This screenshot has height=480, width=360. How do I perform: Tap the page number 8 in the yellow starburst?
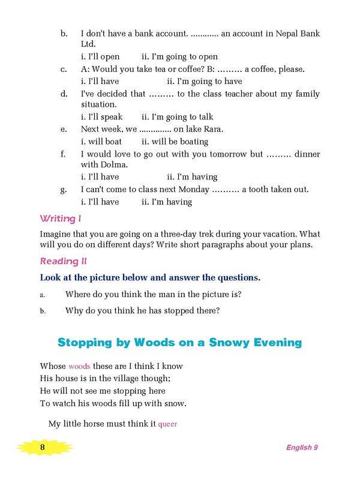click(x=43, y=448)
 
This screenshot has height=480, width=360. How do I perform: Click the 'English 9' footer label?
click(x=302, y=448)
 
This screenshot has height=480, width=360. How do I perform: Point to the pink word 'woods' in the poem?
click(x=79, y=366)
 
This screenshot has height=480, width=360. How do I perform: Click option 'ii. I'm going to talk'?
click(x=177, y=117)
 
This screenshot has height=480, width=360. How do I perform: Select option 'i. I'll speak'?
click(x=101, y=117)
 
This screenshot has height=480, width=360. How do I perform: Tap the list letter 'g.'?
click(x=63, y=190)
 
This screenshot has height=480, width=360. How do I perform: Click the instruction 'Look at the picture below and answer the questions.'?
click(x=150, y=278)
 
